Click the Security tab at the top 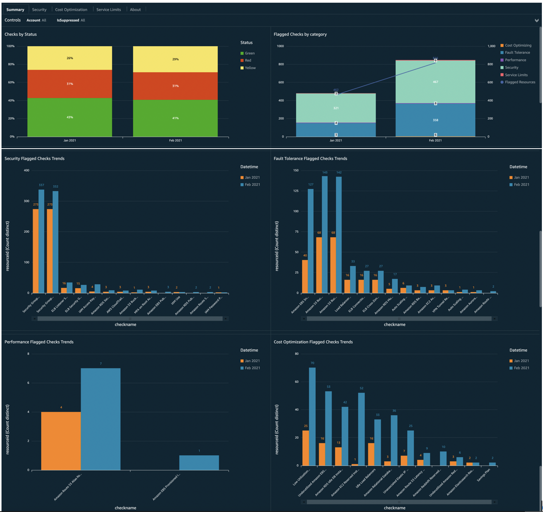click(x=39, y=9)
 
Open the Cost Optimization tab click(x=71, y=9)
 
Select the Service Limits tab click(x=109, y=9)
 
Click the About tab click(x=135, y=9)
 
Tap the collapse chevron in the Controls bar click(x=537, y=20)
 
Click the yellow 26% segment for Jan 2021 click(x=70, y=58)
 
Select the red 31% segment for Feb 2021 click(x=175, y=86)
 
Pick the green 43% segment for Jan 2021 click(x=70, y=117)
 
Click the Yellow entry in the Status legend click(x=250, y=68)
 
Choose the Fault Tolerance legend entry click(x=517, y=53)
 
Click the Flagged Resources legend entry click(x=520, y=82)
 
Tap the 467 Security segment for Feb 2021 click(x=435, y=82)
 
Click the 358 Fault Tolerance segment click(x=435, y=120)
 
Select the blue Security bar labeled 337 click(x=42, y=242)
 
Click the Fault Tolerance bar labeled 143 click(x=325, y=234)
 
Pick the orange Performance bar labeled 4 click(x=61, y=441)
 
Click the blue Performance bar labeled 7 click(x=101, y=419)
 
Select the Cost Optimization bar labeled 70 click(x=312, y=416)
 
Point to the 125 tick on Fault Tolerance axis click(x=296, y=191)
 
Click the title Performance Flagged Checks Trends click(x=39, y=342)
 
